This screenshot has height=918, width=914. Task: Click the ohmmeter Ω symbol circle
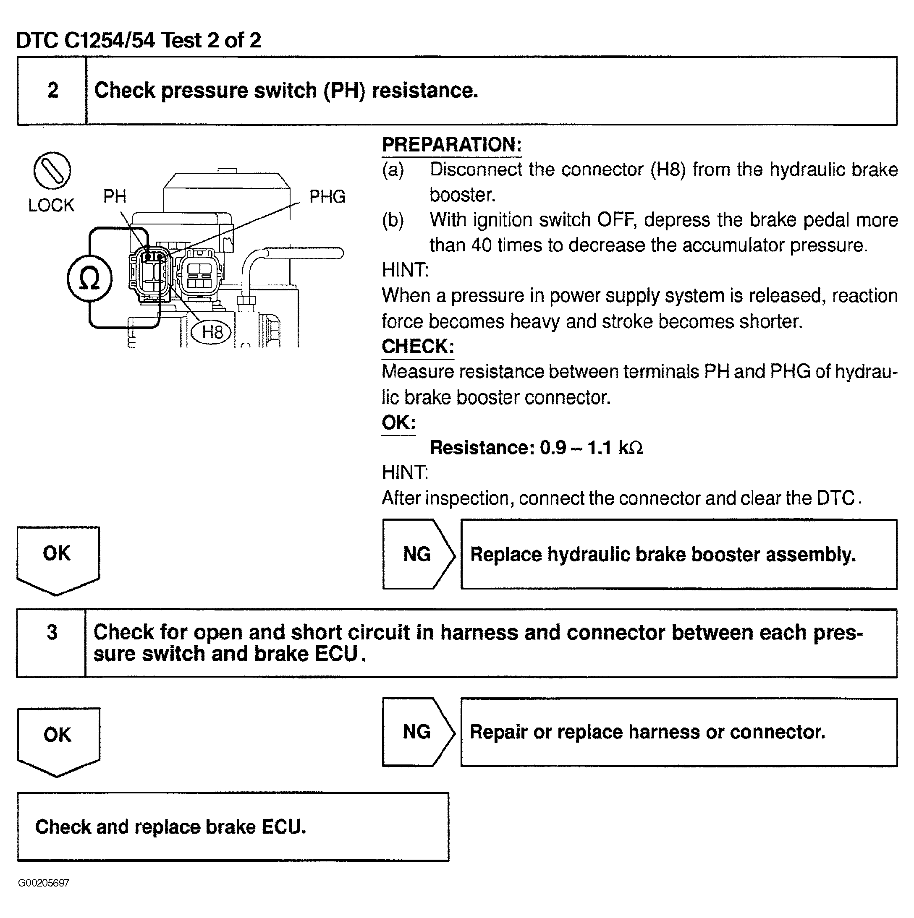tap(89, 279)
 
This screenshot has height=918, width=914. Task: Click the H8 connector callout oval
tap(211, 331)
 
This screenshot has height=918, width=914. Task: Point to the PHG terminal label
tap(327, 197)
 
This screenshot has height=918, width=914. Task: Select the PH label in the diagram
tap(115, 196)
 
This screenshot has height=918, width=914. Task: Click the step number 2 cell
tap(52, 91)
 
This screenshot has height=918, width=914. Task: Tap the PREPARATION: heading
tap(451, 145)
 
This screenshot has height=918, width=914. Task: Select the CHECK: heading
tap(417, 347)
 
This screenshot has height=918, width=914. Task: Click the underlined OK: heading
tap(398, 422)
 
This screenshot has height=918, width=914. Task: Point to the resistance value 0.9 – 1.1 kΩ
tap(591, 448)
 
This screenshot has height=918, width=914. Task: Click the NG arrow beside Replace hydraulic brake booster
tap(418, 555)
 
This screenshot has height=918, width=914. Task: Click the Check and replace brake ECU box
tap(233, 827)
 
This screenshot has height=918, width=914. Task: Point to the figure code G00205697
tap(44, 883)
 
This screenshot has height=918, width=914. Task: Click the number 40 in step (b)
tap(481, 245)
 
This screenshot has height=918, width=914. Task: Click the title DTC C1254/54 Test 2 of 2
tap(139, 40)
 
